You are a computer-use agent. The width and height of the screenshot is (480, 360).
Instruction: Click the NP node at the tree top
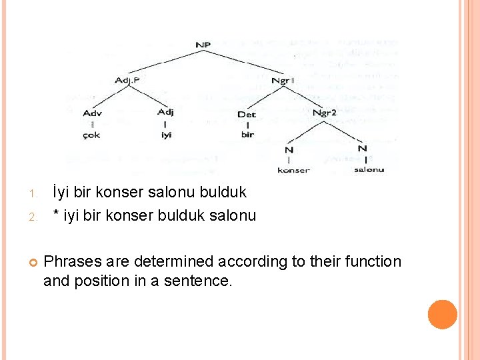(203, 45)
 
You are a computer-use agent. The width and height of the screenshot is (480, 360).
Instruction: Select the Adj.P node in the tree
(127, 81)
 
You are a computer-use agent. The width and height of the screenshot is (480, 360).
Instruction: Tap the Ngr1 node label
(284, 81)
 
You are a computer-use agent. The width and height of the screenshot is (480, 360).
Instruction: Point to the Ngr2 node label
(325, 113)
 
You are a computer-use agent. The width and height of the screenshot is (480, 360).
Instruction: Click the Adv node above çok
(93, 113)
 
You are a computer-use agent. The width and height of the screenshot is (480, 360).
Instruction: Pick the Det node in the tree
(246, 114)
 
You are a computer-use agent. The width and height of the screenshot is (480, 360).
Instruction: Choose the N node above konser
(289, 149)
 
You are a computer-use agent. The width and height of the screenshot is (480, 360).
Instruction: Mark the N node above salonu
(362, 147)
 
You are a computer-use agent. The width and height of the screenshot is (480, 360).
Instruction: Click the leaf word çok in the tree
(92, 135)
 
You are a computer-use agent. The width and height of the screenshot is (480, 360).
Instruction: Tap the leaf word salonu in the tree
(369, 169)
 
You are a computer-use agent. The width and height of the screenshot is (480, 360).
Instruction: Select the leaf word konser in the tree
(293, 170)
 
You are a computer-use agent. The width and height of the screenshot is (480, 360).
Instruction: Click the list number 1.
(32, 194)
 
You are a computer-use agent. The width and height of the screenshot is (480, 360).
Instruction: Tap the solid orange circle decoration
(442, 315)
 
